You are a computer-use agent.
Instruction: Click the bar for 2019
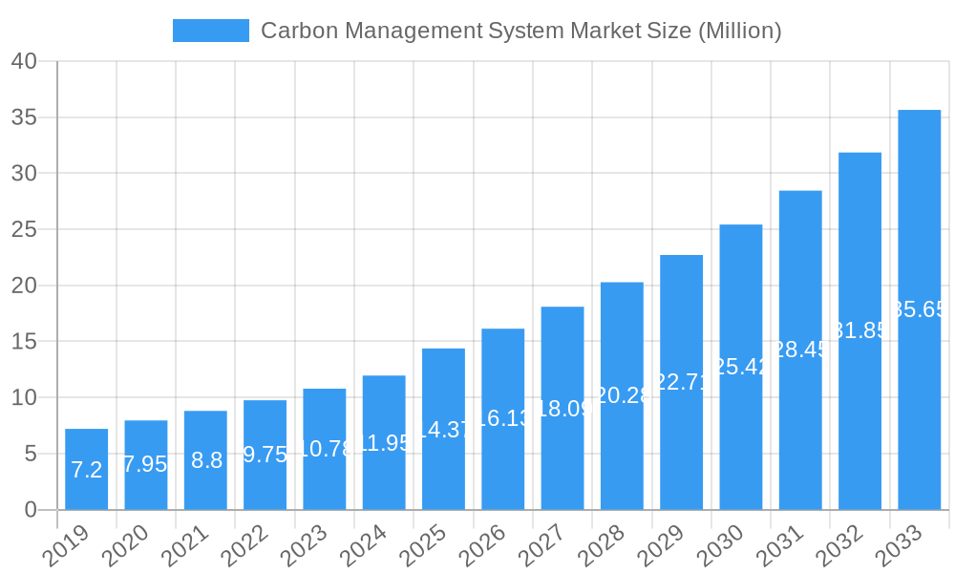click(86, 469)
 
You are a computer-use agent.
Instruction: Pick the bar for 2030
click(741, 367)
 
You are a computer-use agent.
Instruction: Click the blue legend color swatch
click(210, 31)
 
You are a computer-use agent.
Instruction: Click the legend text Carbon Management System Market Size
click(520, 31)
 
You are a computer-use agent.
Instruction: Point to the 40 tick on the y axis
click(25, 61)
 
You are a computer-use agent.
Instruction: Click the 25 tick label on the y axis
click(25, 229)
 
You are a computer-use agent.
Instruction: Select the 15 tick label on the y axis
click(25, 342)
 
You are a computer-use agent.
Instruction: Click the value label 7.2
click(86, 470)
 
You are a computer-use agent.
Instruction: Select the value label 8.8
click(206, 460)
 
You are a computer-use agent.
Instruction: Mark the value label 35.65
click(919, 309)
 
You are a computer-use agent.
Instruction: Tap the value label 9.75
click(265, 455)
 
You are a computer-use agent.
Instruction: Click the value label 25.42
click(741, 367)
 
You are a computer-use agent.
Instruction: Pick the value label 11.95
click(383, 443)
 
